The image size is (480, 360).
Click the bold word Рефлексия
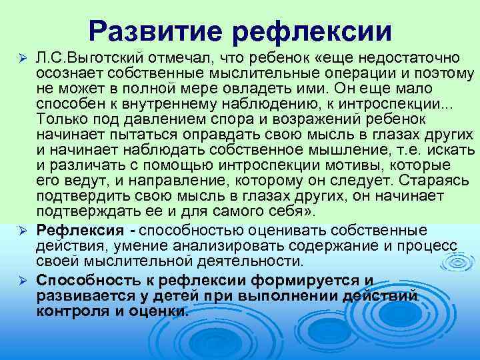click(x=79, y=230)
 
